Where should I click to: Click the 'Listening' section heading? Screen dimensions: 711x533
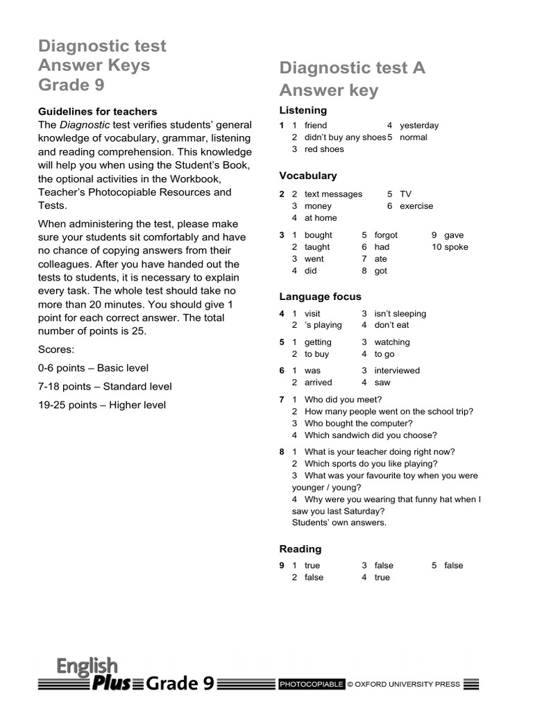tap(303, 110)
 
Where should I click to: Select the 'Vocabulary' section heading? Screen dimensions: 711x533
tap(307, 176)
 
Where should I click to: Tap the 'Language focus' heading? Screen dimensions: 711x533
tap(320, 296)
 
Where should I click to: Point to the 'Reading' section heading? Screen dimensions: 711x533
tap(300, 549)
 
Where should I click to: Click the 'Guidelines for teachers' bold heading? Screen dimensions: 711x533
tap(97, 111)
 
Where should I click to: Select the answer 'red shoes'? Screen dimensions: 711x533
tap(323, 149)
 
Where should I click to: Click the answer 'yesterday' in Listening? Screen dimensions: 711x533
tap(419, 126)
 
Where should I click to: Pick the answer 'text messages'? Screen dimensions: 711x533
tap(333, 194)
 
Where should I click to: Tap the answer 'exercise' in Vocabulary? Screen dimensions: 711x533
tap(416, 206)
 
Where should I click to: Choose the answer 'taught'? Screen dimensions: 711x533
tap(317, 247)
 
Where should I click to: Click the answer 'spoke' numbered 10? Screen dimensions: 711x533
tap(456, 247)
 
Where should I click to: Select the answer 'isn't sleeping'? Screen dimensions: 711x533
tap(400, 314)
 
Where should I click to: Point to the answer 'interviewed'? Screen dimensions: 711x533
tap(397, 371)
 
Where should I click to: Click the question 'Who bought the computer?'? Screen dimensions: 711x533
tap(358, 424)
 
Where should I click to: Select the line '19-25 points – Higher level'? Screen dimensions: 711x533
tap(102, 405)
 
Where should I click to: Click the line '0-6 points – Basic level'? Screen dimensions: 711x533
tap(93, 368)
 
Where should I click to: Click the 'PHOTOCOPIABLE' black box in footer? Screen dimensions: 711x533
tap(311, 685)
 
